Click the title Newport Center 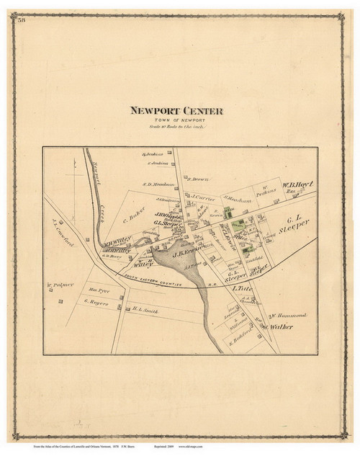[x=176, y=111]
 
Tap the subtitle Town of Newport [x=177, y=120]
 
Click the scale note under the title [x=177, y=127]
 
